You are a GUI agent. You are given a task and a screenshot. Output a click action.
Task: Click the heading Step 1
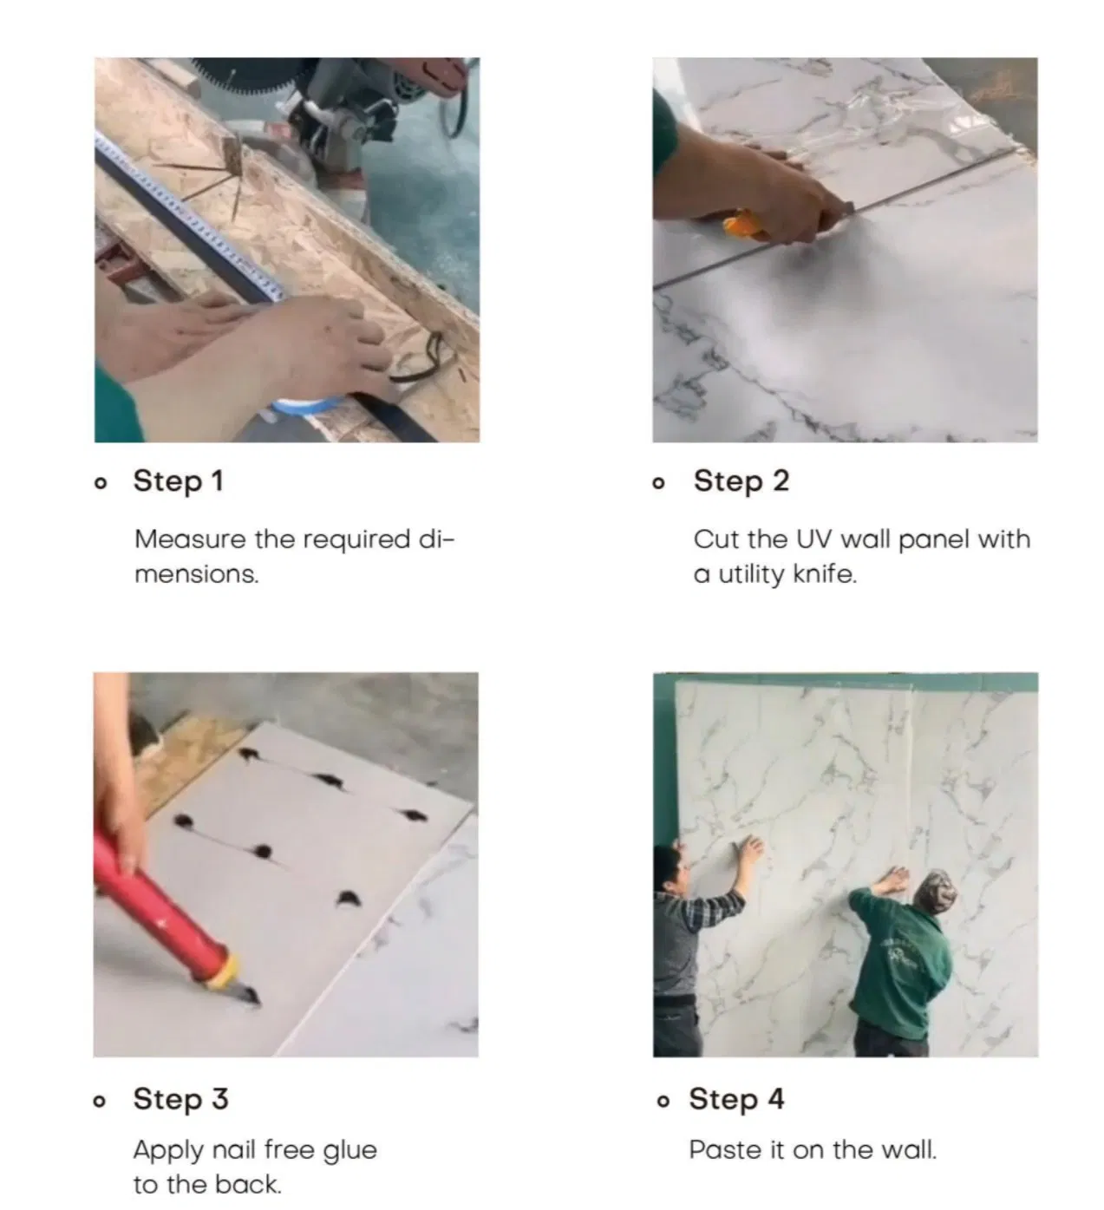click(x=178, y=481)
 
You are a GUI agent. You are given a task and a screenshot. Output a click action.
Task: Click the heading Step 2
click(x=741, y=481)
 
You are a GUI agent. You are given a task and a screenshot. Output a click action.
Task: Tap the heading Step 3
click(x=180, y=1099)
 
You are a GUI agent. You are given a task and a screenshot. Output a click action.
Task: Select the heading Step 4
click(x=736, y=1099)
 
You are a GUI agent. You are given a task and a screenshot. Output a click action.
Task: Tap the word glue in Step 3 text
click(x=349, y=1151)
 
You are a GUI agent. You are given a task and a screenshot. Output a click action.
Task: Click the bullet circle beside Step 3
click(x=101, y=1102)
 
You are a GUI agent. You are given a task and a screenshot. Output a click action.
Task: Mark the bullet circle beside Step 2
click(x=660, y=483)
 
